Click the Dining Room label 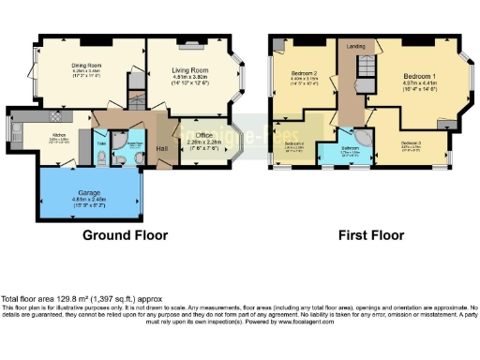[x=85, y=66]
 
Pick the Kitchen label [x=44, y=136]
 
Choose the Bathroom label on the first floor [x=351, y=148]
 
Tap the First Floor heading [x=373, y=235]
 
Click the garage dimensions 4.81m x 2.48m [x=89, y=199]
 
